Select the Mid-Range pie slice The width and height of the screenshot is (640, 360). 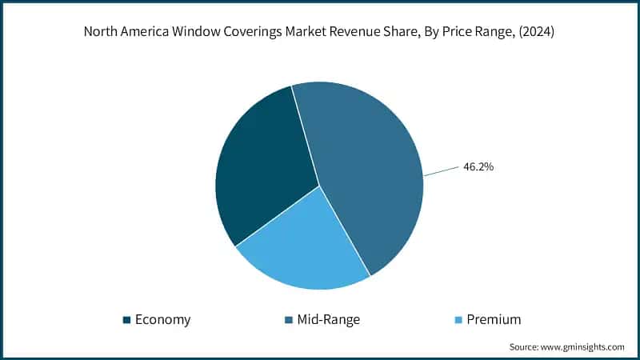[368, 176]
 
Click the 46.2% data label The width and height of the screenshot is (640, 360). [478, 167]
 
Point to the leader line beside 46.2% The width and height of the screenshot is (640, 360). [441, 171]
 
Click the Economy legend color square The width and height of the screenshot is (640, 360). [127, 320]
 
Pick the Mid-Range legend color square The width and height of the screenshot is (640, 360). [289, 320]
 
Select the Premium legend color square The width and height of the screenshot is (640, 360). [458, 320]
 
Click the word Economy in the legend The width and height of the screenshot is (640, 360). [163, 320]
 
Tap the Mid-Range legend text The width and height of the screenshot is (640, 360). [329, 320]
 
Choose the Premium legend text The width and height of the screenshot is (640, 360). [494, 320]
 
